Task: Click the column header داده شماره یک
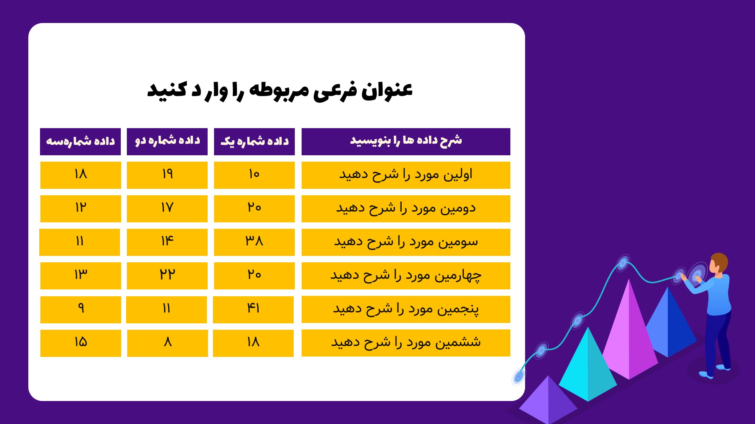254,142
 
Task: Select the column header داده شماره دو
167,142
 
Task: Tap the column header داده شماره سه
80,142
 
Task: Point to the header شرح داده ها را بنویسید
406,142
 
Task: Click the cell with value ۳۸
254,242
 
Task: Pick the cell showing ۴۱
253,309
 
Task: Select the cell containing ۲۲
167,276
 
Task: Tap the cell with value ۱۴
167,242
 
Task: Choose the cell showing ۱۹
167,175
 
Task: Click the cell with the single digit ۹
81,309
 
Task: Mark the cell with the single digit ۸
168,343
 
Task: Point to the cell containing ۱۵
81,343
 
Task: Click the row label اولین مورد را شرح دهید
406,175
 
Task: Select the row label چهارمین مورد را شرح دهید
406,276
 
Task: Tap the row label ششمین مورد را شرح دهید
406,343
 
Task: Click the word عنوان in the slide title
387,90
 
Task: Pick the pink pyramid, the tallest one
629,332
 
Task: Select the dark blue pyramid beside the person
670,324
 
